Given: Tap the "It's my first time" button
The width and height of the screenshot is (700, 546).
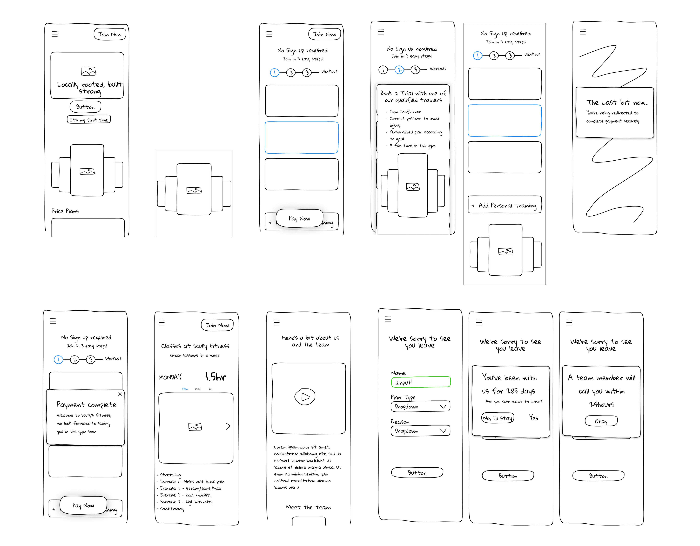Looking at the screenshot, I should (89, 120).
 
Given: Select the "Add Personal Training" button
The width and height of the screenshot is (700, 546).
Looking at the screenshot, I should (504, 205).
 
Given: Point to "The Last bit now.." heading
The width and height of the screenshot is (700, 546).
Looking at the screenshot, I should (617, 103).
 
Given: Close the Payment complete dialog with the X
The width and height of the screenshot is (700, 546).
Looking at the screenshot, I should (120, 394).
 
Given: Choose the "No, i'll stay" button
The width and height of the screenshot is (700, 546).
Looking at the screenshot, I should (498, 418).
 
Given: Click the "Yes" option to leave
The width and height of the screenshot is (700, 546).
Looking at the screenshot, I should (534, 418).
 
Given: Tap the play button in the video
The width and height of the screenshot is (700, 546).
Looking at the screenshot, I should (305, 397).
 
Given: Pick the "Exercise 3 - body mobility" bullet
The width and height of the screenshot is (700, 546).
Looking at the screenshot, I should (186, 495).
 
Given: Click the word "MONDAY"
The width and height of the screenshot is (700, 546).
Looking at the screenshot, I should (170, 377).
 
